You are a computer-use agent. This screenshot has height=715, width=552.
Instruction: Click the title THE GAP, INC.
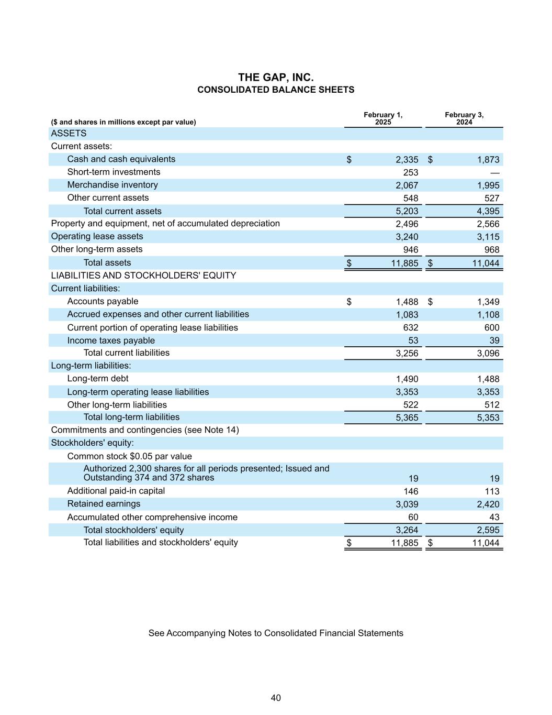[x=276, y=78]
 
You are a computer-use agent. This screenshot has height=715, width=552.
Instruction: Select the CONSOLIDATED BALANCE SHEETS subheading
[x=276, y=90]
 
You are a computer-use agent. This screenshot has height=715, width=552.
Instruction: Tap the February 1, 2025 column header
[x=383, y=118]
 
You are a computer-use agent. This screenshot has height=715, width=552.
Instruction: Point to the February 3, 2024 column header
[x=464, y=118]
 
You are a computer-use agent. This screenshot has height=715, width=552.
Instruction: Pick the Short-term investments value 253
[x=411, y=172]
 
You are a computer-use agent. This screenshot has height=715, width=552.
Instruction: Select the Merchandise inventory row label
[x=112, y=185]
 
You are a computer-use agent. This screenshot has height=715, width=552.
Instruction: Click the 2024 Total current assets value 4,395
[x=488, y=211]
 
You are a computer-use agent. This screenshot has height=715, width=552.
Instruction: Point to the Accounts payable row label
[x=103, y=301]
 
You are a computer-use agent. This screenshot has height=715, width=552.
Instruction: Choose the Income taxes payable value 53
[x=413, y=340]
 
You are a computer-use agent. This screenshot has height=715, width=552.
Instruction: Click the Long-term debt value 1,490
[x=407, y=379]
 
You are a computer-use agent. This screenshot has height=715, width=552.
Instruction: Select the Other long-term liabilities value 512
[x=492, y=405]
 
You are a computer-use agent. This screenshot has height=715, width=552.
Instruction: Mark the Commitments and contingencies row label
[x=145, y=430]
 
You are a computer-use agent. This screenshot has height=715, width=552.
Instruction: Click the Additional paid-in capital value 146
[x=411, y=491]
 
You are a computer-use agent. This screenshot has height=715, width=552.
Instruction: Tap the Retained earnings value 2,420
[x=488, y=504]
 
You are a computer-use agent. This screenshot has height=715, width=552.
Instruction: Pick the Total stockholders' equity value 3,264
[x=407, y=530]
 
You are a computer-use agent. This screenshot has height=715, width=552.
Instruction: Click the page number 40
[x=276, y=698]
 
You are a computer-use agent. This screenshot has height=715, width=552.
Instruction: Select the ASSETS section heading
[x=69, y=134]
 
